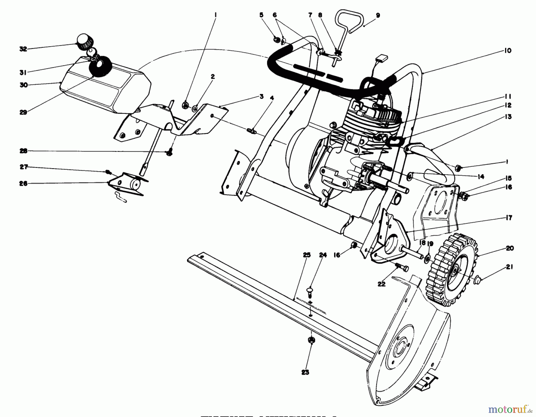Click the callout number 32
point(23,49)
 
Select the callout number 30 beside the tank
point(24,85)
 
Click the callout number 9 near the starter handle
point(378,16)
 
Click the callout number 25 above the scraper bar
point(306,255)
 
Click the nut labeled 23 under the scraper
point(311,340)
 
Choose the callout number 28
point(23,151)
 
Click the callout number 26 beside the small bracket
point(23,183)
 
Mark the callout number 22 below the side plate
point(381,284)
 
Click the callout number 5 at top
point(261,15)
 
